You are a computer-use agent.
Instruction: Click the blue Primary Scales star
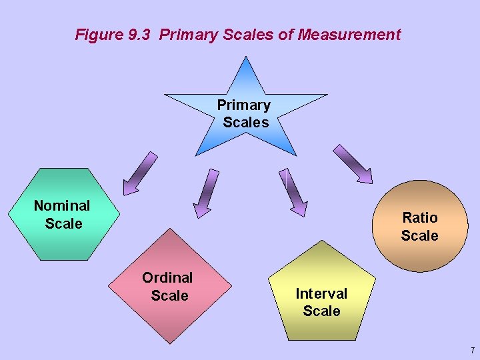pos(246,113)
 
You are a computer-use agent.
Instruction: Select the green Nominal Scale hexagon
pos(64,214)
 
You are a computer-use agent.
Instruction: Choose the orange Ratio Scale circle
pos(419,226)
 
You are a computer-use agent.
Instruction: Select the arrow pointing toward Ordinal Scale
pos(205,193)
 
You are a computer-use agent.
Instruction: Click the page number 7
pos(472,350)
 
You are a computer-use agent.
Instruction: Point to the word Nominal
pos(62,205)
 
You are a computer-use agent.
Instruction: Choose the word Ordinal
pos(167,277)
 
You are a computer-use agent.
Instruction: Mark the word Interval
pos(321,293)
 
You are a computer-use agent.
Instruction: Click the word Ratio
pos(420,217)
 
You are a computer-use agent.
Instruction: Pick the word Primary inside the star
pos(244,105)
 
